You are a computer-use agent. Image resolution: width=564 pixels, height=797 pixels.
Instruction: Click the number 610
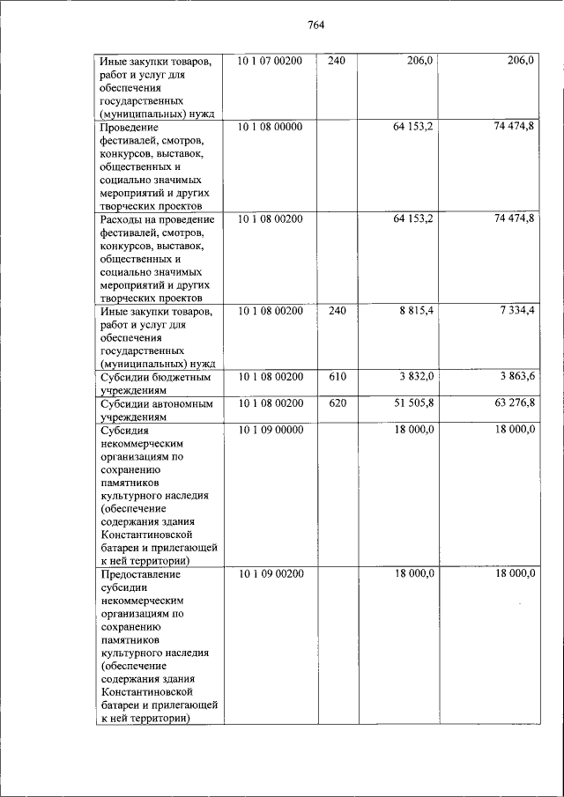(336, 377)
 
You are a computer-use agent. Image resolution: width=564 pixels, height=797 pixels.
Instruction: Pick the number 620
(336, 403)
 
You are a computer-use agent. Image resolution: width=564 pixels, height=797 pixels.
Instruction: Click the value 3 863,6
(516, 377)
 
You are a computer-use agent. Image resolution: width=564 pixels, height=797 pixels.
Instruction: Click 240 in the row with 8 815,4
(336, 311)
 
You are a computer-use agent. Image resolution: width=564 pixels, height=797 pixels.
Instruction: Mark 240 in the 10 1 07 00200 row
(336, 61)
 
